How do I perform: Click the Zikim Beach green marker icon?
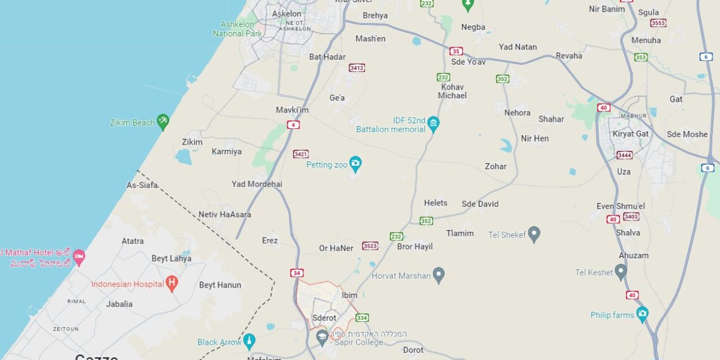pyautogui.click(x=163, y=121)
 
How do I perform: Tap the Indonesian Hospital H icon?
pyautogui.click(x=172, y=283)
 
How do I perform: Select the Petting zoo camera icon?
pyautogui.click(x=355, y=164)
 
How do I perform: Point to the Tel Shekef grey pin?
pyautogui.click(x=534, y=234)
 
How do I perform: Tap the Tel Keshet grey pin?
pyautogui.click(x=620, y=272)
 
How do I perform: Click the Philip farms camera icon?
pyautogui.click(x=642, y=314)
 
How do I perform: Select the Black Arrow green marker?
pyautogui.click(x=249, y=341)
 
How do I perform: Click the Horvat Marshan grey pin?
pyautogui.click(x=439, y=275)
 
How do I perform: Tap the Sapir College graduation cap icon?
pyautogui.click(x=322, y=337)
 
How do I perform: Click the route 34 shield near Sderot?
pyautogui.click(x=297, y=273)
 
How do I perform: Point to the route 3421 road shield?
pyautogui.click(x=300, y=154)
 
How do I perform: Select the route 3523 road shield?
pyautogui.click(x=370, y=246)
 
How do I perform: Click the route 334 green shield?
pyautogui.click(x=362, y=318)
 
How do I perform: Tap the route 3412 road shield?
pyautogui.click(x=357, y=67)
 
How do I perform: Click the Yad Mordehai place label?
pyautogui.click(x=256, y=184)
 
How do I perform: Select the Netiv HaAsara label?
pyautogui.click(x=224, y=214)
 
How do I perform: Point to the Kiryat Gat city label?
pyautogui.click(x=631, y=134)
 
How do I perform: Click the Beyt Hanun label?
pyautogui.click(x=220, y=285)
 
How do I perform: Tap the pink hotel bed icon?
pyautogui.click(x=79, y=257)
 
